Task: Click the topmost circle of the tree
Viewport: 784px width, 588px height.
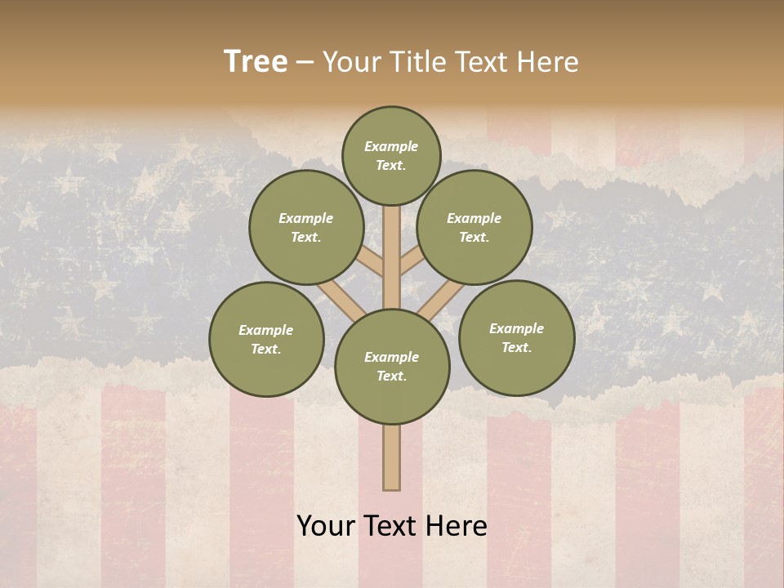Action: [x=391, y=155]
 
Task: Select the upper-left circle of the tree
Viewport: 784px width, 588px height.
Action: [x=306, y=228]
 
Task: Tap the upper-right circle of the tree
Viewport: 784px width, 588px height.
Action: [x=474, y=228]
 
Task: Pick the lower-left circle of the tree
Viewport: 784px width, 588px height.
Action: [x=266, y=339]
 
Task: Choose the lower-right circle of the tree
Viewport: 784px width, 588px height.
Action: [x=516, y=338]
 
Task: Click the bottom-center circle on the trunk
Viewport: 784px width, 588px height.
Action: [x=392, y=367]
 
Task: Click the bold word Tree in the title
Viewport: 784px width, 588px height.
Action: [x=256, y=61]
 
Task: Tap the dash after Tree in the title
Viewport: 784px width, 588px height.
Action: [x=305, y=63]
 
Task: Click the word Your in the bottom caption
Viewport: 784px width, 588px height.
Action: [x=327, y=526]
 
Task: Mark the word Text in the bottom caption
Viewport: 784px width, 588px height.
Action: [x=392, y=526]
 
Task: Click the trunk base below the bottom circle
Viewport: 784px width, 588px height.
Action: [x=392, y=457]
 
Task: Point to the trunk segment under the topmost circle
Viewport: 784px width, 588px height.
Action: [x=392, y=245]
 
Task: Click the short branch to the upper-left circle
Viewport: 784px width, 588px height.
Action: [x=372, y=262]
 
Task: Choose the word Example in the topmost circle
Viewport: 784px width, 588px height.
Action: [x=391, y=146]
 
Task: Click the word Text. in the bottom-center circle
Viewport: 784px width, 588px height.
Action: [x=391, y=376]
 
